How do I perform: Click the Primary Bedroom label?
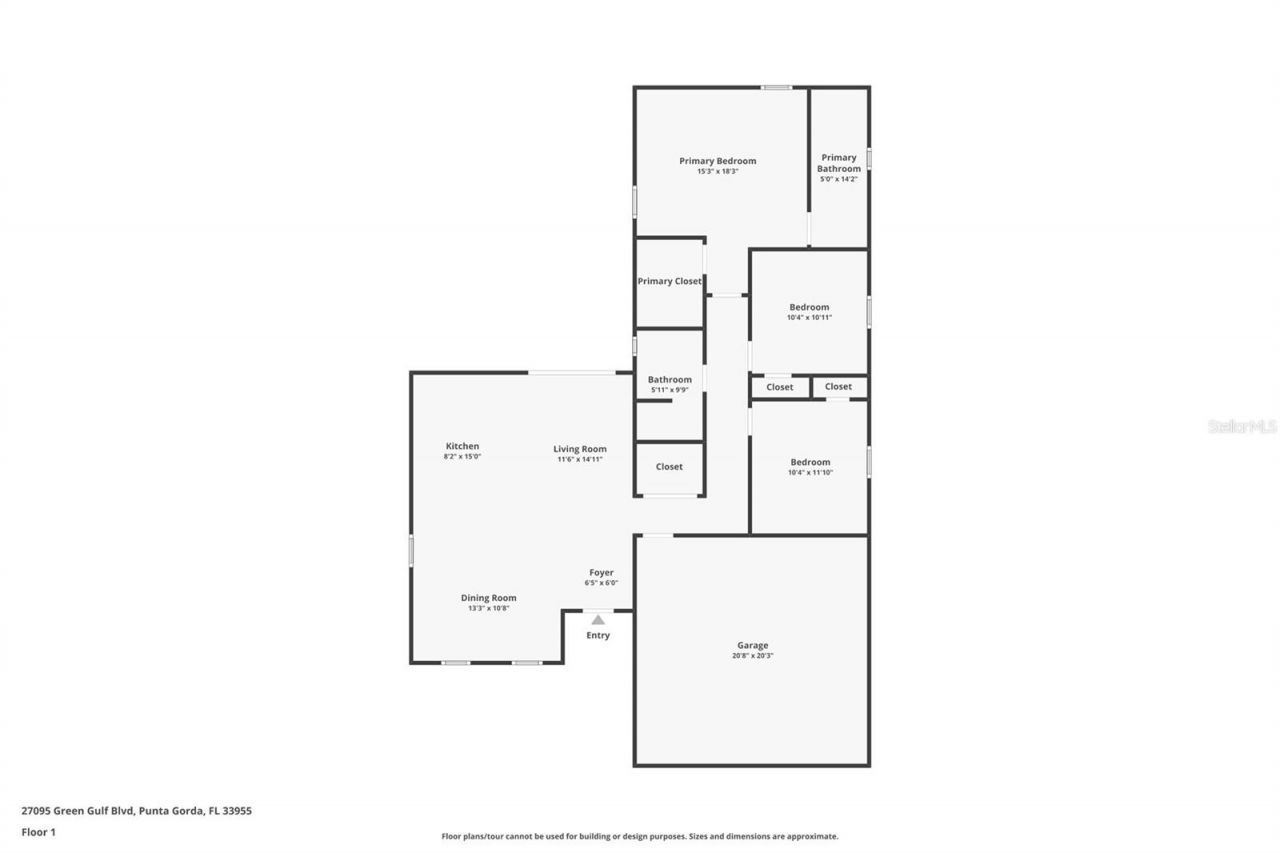pos(717,161)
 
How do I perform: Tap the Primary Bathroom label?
pos(839,163)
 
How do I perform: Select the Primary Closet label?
pos(669,281)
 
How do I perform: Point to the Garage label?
pos(753,645)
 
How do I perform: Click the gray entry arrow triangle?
pos(597,620)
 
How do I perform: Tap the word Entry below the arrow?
pos(597,635)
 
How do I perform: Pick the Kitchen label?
pos(462,446)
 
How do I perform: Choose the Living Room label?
pos(580,449)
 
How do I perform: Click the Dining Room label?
pos(488,598)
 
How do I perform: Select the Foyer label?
pos(601,573)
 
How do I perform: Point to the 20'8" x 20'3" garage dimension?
pos(753,656)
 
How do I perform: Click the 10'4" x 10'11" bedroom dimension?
pos(809,318)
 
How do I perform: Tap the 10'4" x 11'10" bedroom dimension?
pos(810,473)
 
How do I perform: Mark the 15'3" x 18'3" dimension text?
pos(717,171)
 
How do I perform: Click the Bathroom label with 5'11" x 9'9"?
pos(669,380)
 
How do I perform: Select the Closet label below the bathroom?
pos(669,467)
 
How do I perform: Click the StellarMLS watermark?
pos(1242,426)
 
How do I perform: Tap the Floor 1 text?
pos(38,832)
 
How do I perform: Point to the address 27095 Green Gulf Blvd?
pos(136,811)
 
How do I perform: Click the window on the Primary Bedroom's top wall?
pos(776,88)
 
